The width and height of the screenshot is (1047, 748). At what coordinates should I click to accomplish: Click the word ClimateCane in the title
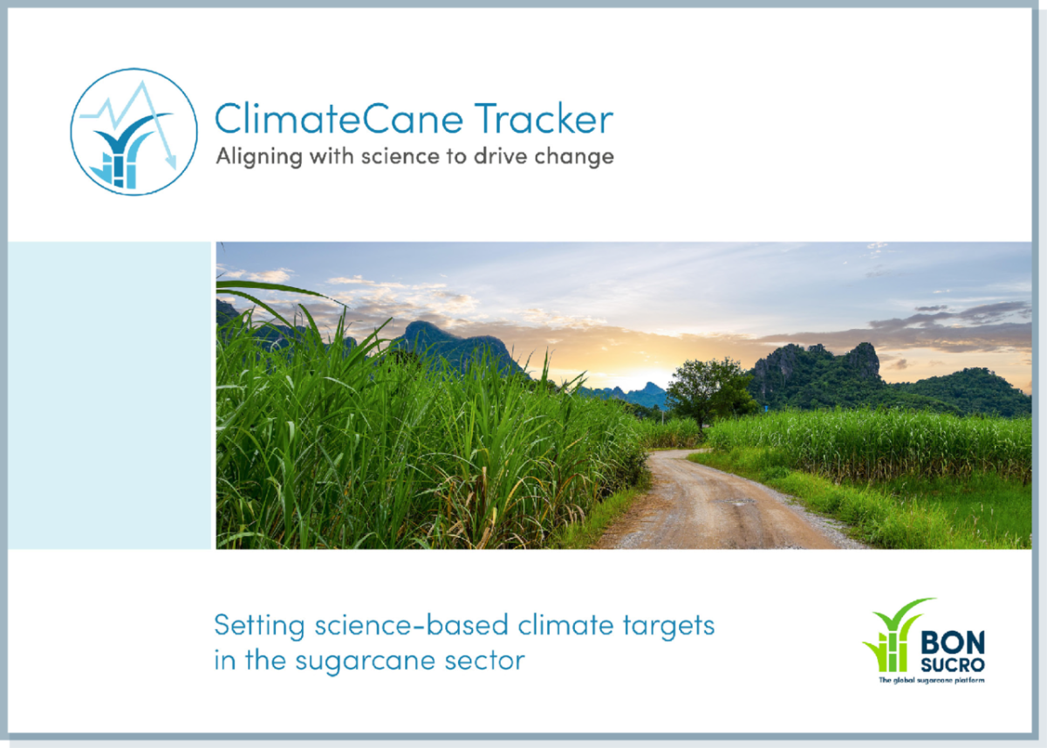(x=339, y=119)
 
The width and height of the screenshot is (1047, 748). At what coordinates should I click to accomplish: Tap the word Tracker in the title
(x=544, y=119)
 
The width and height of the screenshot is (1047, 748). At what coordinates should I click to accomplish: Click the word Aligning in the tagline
(x=259, y=157)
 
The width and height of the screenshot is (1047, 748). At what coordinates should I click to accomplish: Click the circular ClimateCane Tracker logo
(x=134, y=132)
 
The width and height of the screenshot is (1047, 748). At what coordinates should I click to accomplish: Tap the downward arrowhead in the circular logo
(x=172, y=162)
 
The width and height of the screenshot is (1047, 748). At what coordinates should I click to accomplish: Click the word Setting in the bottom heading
(x=259, y=626)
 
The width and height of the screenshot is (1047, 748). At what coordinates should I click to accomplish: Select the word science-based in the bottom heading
(x=411, y=625)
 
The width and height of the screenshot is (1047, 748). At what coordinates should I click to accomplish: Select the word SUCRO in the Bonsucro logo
(x=953, y=665)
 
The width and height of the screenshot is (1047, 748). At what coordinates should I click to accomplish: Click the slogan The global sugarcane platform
(x=932, y=680)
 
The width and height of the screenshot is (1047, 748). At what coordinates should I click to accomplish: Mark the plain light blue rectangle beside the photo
(x=109, y=395)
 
